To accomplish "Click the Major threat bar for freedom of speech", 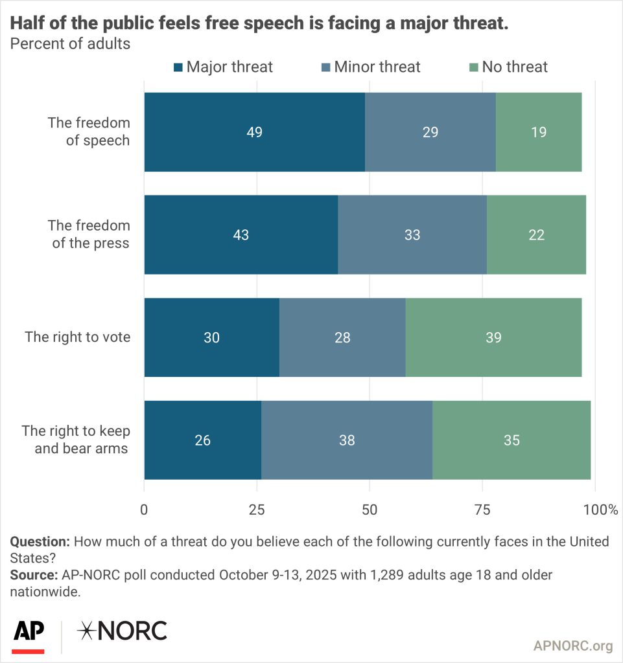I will tap(254, 132).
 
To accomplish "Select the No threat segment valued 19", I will tap(538, 132).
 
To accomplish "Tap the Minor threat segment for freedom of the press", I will tap(412, 235).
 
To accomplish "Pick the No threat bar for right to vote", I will tap(493, 337).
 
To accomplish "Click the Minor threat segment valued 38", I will tap(347, 440).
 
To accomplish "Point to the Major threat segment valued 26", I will tap(202, 440).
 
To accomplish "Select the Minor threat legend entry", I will tap(370, 67).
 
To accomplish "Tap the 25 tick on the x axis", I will tap(257, 510).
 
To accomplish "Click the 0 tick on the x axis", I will tap(144, 510).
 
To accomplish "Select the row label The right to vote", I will tap(77, 337).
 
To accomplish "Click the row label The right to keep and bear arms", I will tap(76, 440).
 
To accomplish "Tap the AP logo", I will tap(29, 633).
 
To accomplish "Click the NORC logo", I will tap(121, 631).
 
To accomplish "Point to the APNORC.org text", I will tap(573, 646).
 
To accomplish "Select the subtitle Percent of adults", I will tap(69, 44).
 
